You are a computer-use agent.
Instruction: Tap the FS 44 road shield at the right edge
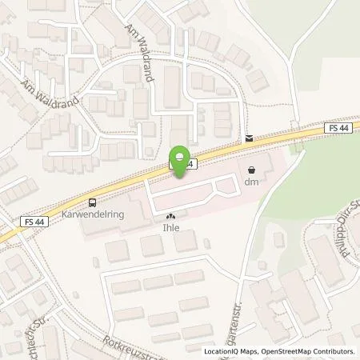click(338, 127)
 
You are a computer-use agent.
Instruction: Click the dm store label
click(253, 182)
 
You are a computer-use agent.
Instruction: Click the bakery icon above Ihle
click(170, 215)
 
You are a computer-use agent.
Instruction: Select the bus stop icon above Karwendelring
click(93, 203)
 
